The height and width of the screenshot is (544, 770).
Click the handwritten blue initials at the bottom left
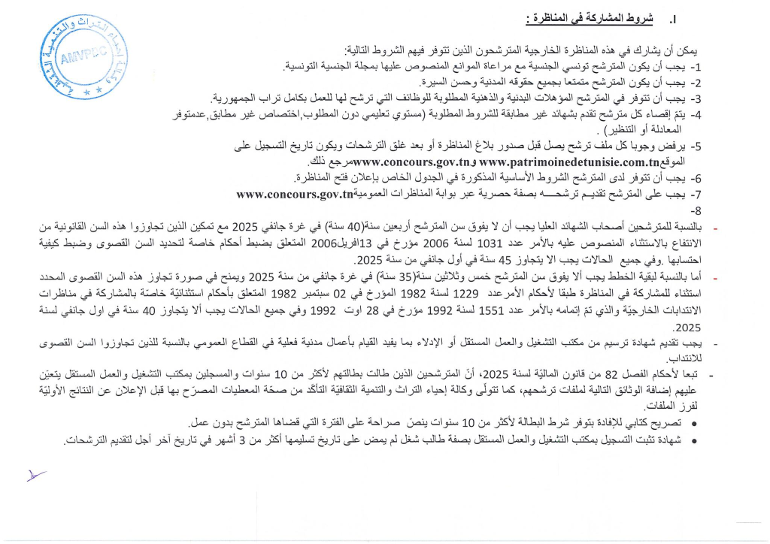point(35,474)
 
